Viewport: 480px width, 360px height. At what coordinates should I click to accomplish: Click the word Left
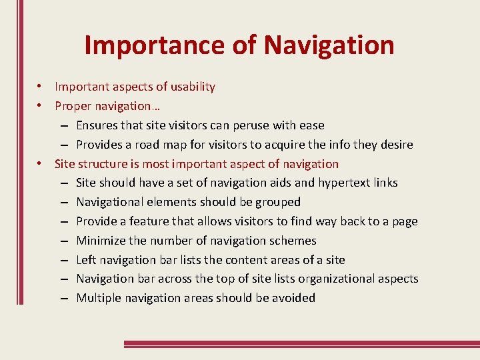(x=87, y=260)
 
